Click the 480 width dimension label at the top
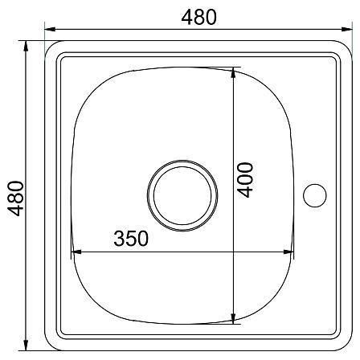(x=198, y=17)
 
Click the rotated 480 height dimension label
(x=15, y=198)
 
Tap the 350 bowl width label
(x=131, y=239)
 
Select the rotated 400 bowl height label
(x=245, y=180)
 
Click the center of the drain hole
(x=182, y=196)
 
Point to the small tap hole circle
(x=315, y=195)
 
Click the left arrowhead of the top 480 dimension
(x=50, y=29)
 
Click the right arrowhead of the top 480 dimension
(x=346, y=29)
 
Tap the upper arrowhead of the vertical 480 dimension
(x=26, y=46)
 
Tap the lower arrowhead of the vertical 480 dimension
(x=26, y=346)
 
